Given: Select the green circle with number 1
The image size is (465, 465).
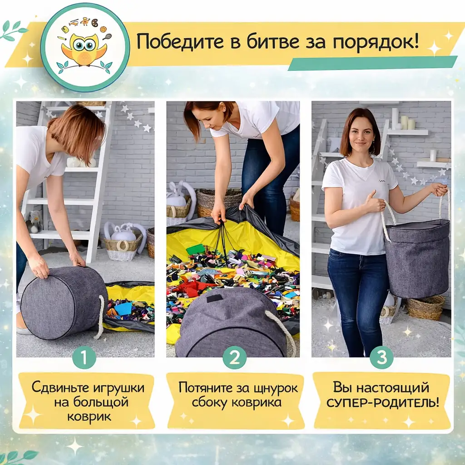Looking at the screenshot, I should (x=84, y=357).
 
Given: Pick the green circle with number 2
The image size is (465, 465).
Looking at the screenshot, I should (x=234, y=357).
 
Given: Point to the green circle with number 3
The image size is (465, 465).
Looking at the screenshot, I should (x=381, y=357).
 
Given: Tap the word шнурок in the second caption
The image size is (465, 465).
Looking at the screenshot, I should (x=274, y=388).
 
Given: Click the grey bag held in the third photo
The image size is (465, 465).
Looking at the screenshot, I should (x=417, y=259).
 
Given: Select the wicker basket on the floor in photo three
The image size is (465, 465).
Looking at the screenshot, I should (x=425, y=307).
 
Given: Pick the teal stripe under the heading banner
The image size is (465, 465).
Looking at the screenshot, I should (x=372, y=63).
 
